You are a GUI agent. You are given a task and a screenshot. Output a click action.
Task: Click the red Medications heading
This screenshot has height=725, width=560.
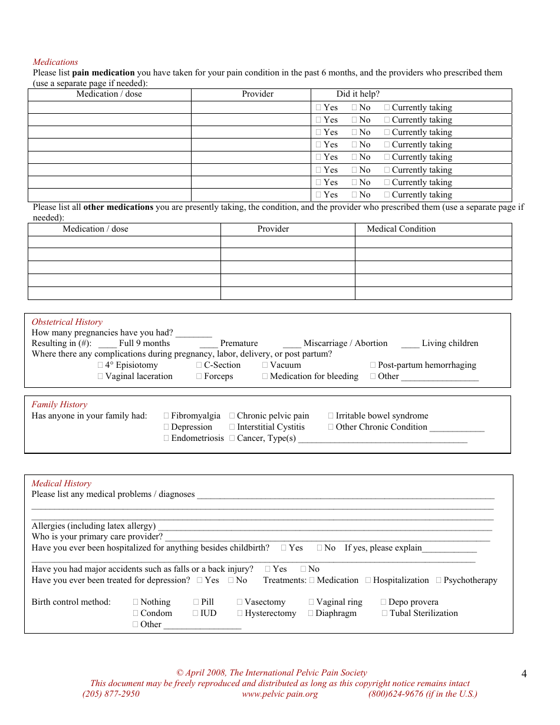click(55, 62)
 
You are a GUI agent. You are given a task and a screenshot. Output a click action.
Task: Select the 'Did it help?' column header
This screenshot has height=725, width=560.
click(358, 94)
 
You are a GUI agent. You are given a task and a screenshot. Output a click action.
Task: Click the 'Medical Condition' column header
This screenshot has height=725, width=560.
click(401, 229)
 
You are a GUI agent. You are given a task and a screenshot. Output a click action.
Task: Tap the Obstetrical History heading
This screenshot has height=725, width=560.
click(67, 322)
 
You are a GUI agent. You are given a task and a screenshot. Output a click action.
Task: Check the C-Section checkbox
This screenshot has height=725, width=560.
click(199, 365)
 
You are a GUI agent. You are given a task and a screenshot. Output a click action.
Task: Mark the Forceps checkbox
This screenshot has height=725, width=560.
click(199, 377)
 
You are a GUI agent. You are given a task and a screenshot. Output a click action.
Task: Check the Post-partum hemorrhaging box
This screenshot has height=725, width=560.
click(373, 365)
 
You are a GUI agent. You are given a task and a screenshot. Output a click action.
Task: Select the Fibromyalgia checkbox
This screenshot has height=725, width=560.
click(166, 416)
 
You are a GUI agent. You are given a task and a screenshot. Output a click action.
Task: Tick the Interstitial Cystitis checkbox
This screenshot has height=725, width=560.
click(232, 427)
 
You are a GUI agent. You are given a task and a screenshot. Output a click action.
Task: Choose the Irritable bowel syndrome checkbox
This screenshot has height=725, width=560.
click(331, 416)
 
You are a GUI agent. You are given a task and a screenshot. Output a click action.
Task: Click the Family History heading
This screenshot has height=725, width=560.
click(59, 404)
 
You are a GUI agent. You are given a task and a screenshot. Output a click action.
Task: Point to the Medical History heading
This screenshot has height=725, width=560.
click(61, 483)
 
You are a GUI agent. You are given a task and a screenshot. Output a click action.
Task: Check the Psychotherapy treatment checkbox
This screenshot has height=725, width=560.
click(439, 581)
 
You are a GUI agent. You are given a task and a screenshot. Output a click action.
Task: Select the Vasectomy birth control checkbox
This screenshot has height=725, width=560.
click(240, 602)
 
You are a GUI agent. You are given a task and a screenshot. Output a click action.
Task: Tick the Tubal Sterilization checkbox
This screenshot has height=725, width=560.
click(384, 614)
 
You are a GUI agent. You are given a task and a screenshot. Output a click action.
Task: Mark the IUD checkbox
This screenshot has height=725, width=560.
click(196, 614)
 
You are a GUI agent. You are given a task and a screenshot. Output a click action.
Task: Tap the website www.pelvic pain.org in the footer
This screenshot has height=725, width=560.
click(279, 694)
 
